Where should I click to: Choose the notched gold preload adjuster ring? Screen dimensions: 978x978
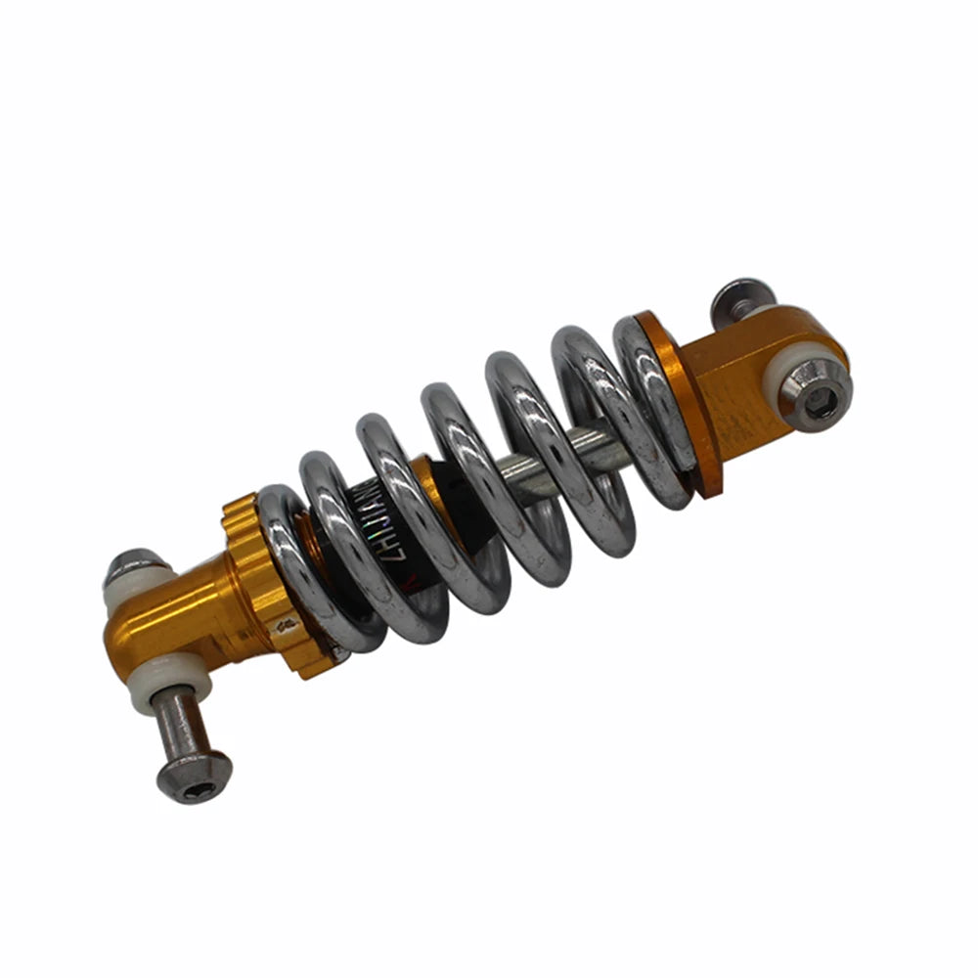(x=259, y=577)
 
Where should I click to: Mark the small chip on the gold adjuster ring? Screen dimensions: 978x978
(x=285, y=623)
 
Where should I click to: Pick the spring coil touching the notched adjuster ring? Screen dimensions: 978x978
(x=293, y=567)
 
